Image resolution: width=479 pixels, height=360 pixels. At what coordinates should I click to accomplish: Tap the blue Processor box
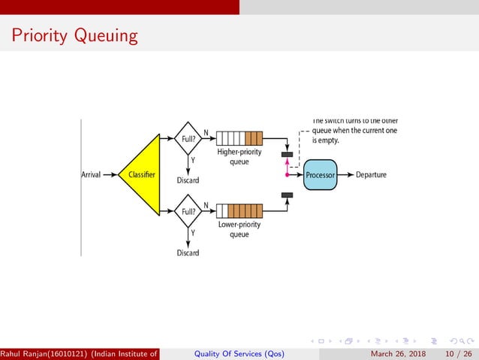tap(321, 175)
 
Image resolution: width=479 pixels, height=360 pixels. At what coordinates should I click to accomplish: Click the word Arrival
tap(91, 175)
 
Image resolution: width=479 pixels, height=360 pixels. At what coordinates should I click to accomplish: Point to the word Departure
tap(371, 175)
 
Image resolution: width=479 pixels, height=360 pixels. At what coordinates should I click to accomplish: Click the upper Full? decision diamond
tap(188, 139)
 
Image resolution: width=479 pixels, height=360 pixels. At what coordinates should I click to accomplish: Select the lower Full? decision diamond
tap(188, 211)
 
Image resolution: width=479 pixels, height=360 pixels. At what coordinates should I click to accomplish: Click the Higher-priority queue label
tap(239, 156)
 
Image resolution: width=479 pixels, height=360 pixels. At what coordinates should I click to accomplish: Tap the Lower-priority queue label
tap(239, 228)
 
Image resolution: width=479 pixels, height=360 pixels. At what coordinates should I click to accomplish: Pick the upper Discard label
tap(188, 180)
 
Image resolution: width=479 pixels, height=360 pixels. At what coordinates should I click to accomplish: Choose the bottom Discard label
tap(188, 253)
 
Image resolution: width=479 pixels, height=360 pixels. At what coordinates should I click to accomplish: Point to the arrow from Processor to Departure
tap(346, 175)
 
